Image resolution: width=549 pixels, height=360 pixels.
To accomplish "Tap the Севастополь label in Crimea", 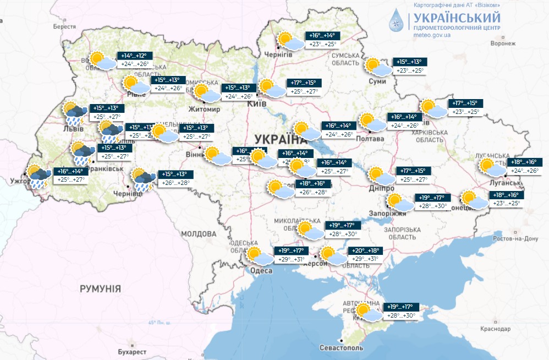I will coord(341,348).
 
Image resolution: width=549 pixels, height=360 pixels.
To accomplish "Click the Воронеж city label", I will coord(503,43).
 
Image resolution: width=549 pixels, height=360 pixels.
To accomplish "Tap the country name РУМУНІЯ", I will coord(100,288).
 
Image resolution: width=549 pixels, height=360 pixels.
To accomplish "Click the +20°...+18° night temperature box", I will coord(366,250).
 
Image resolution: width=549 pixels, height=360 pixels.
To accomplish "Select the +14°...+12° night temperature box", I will coord(135,56).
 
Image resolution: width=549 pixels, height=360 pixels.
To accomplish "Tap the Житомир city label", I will coord(204,109).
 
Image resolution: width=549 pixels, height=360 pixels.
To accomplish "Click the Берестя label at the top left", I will coord(64,26).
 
